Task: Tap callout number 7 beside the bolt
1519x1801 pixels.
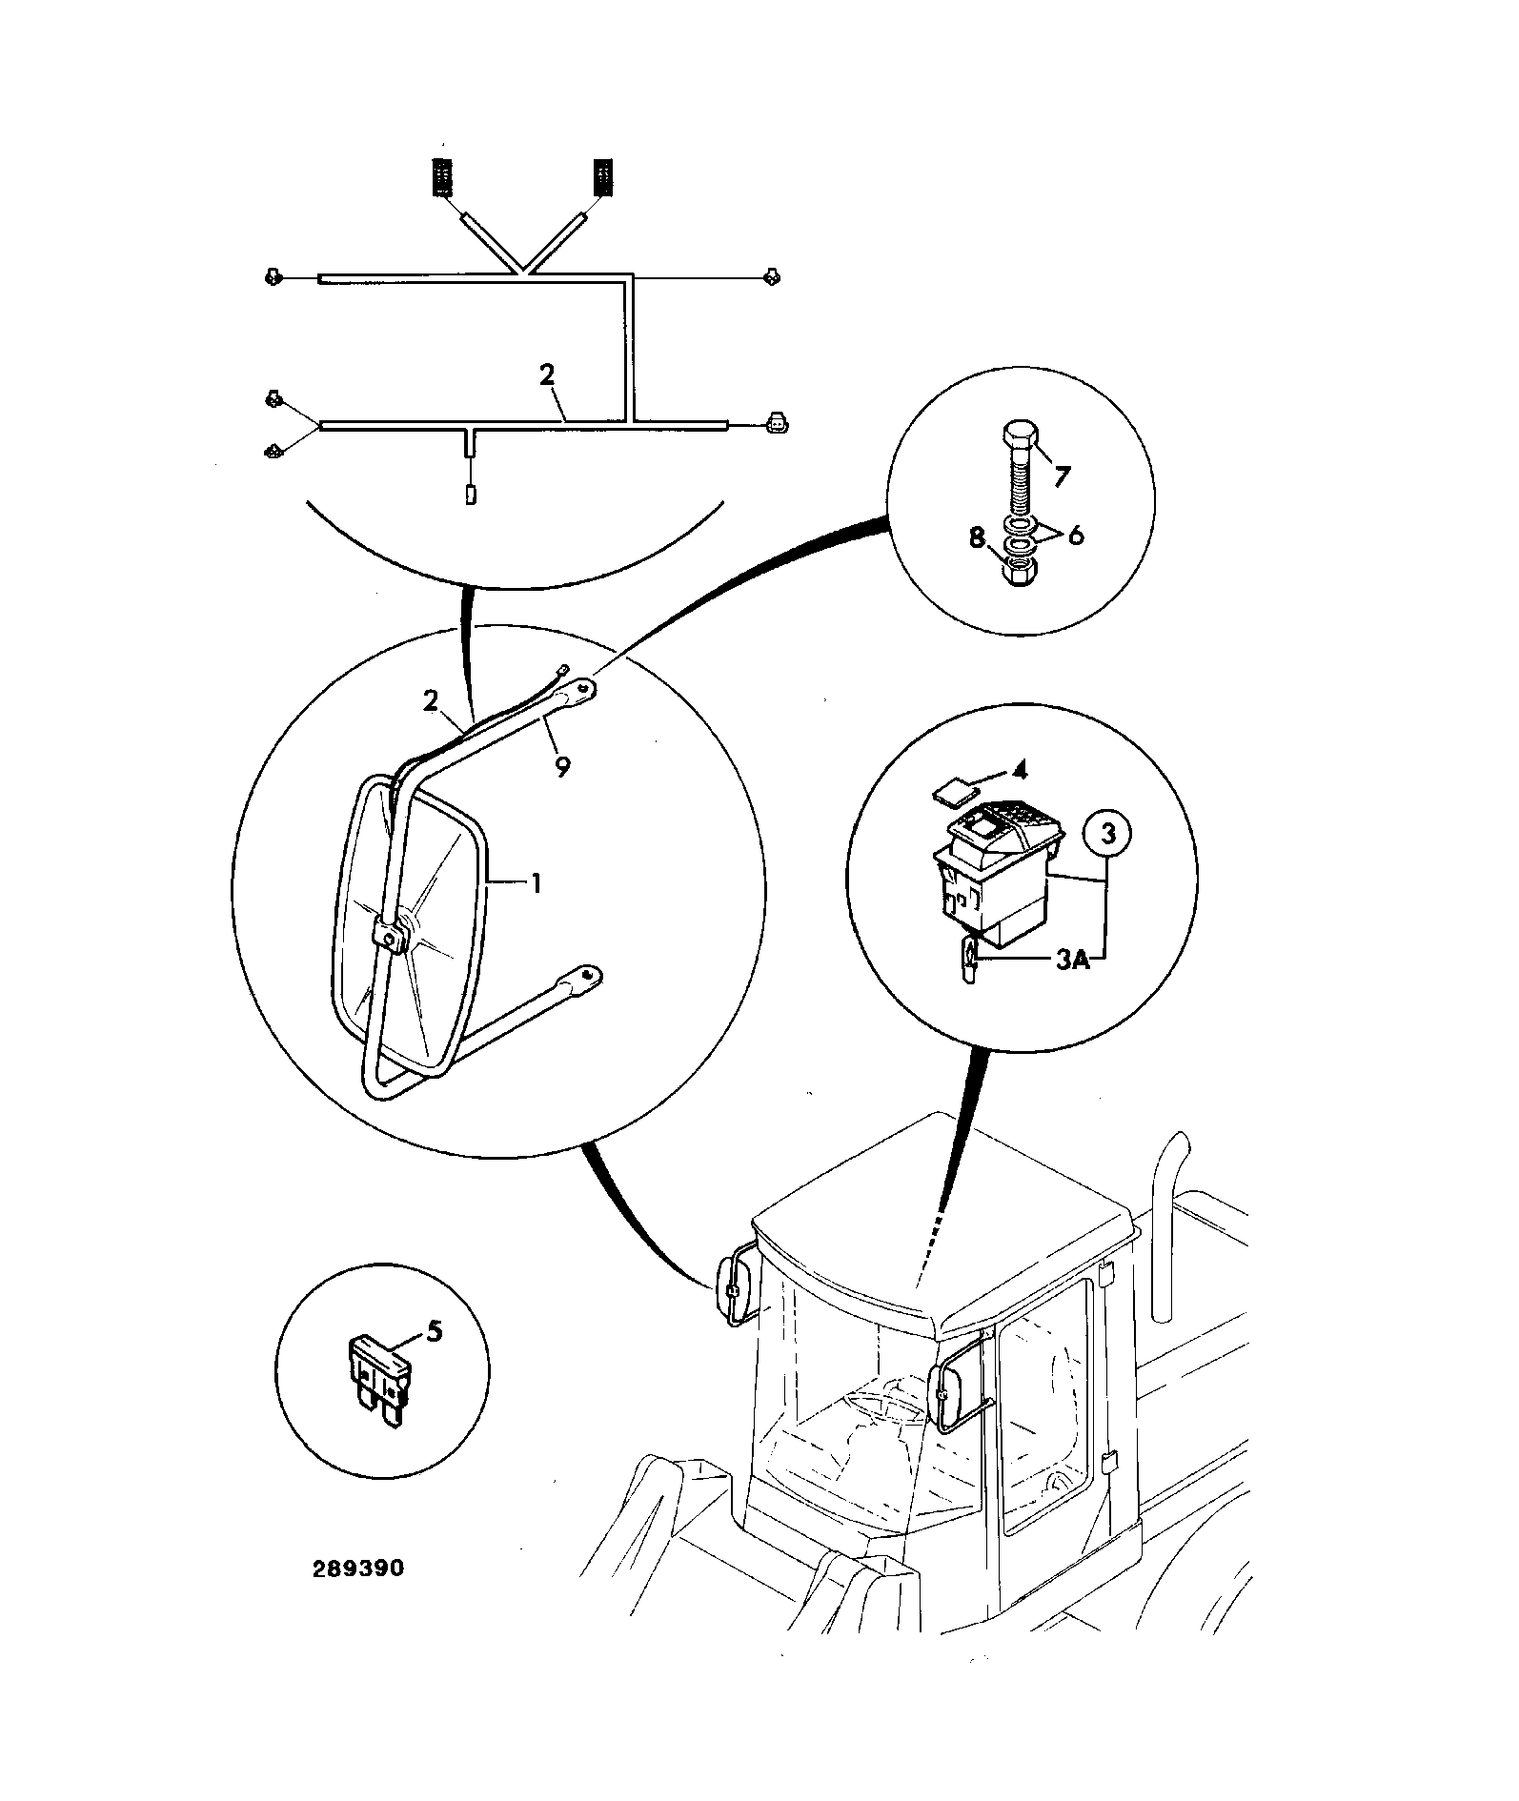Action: (1063, 474)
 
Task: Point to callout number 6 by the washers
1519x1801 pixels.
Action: (1075, 536)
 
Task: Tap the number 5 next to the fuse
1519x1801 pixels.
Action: (434, 1330)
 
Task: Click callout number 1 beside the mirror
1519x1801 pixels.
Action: (537, 884)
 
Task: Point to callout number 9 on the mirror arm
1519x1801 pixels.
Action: (563, 766)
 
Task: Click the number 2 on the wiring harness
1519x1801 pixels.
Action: (546, 374)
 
